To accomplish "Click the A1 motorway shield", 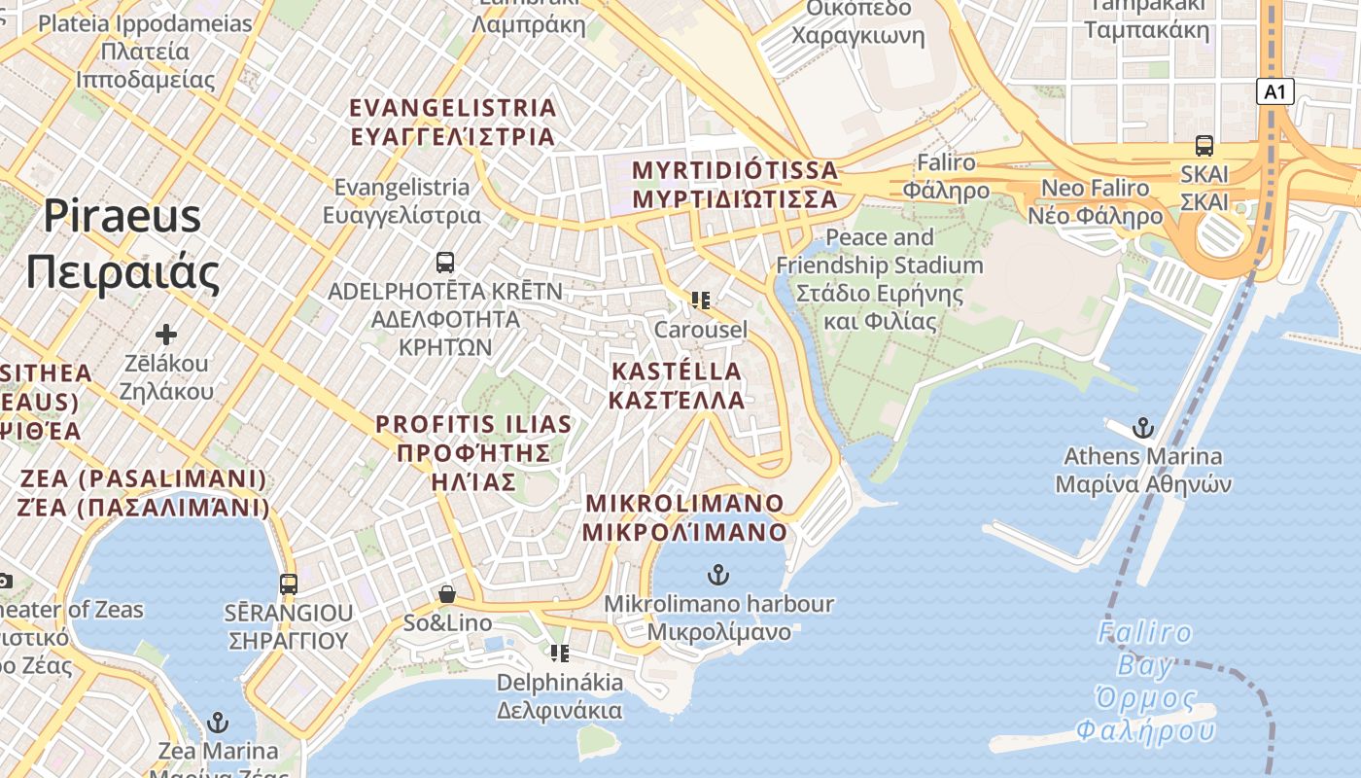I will click(1275, 92).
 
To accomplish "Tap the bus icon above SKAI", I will click(1204, 146).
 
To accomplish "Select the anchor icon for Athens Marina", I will click(1143, 428).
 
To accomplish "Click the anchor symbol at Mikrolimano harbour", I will click(717, 575).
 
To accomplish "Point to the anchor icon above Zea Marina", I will click(218, 723).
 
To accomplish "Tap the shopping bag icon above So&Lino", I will click(447, 593).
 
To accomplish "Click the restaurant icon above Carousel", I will click(700, 301).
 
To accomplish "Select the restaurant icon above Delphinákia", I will click(559, 653).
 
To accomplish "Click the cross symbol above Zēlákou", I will click(166, 335).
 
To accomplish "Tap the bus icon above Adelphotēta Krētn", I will click(445, 262).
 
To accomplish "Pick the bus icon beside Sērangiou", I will click(289, 583).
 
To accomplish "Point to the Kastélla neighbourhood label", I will click(677, 385).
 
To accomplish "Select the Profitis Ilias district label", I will click(473, 452).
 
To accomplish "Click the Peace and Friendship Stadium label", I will click(879, 279).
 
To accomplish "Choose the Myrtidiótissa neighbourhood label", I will click(734, 184).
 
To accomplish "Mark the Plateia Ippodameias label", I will click(145, 52).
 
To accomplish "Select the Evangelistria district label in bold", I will click(453, 122).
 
